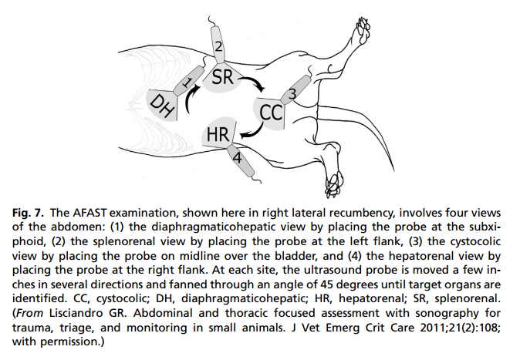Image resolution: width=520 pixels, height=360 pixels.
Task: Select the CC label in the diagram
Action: coord(271,113)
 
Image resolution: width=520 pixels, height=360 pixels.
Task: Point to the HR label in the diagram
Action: coord(217,136)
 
